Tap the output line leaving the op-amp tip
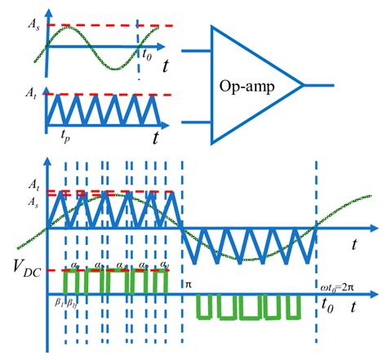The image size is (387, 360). [319, 85]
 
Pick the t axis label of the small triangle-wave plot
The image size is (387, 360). [155, 140]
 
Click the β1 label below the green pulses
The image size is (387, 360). [59, 303]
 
